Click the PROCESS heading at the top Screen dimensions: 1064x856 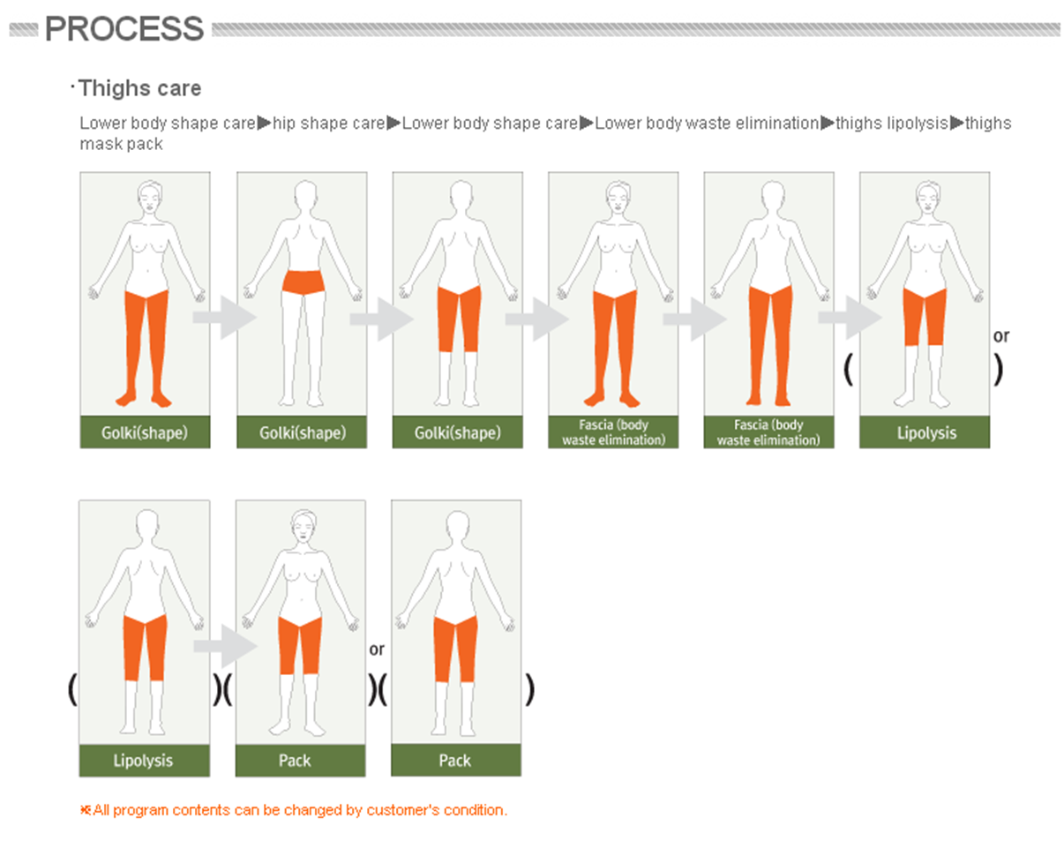click(124, 29)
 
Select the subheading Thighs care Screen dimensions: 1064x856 click(140, 88)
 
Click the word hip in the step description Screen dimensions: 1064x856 click(285, 124)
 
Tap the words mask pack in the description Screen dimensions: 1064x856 click(121, 144)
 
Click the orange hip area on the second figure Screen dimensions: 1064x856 click(303, 282)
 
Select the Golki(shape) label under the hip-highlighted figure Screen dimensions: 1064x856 click(303, 432)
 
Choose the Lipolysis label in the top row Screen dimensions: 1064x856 click(926, 432)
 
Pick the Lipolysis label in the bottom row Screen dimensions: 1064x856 click(143, 760)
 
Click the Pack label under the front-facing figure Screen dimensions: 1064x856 click(295, 760)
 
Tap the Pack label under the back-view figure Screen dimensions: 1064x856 click(455, 760)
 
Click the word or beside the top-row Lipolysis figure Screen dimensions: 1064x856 click(1001, 336)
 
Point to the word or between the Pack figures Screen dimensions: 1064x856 click(377, 650)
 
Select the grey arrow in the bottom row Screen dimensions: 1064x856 click(225, 646)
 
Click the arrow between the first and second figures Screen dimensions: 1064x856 click(224, 318)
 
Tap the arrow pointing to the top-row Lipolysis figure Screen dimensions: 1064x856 click(850, 318)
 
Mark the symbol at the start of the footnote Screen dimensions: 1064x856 click(86, 810)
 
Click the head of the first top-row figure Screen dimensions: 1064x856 click(150, 198)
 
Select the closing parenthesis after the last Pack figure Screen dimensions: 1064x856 click(529, 690)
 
